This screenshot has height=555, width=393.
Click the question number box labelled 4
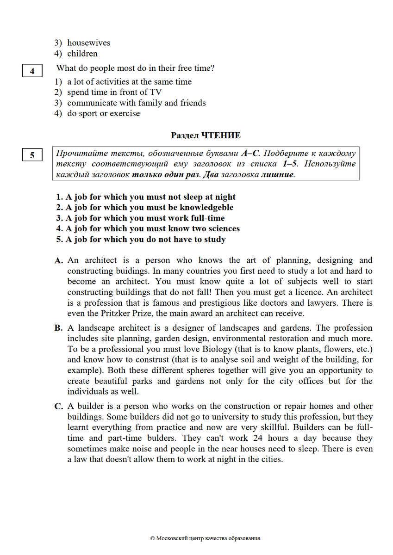pyautogui.click(x=32, y=71)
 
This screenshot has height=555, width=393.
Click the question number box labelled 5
pyautogui.click(x=32, y=155)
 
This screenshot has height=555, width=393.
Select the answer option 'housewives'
pyautogui.click(x=88, y=43)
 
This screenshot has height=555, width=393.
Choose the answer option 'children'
pyautogui.click(x=82, y=53)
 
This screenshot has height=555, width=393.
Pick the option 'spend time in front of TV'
pyautogui.click(x=114, y=92)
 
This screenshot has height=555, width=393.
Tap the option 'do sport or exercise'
pyautogui.click(x=103, y=113)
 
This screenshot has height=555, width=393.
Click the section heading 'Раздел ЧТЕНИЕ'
pyautogui.click(x=206, y=136)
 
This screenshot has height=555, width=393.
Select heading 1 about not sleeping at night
pyautogui.click(x=146, y=197)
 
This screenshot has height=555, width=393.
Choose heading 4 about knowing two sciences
pyautogui.click(x=148, y=229)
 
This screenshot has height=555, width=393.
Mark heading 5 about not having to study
pyautogui.click(x=141, y=240)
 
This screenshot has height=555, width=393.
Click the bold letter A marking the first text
pyautogui.click(x=58, y=261)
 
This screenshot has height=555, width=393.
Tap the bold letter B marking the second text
pyautogui.click(x=58, y=328)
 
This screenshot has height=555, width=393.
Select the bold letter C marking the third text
pyautogui.click(x=58, y=407)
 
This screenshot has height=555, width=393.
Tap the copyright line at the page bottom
pyautogui.click(x=206, y=538)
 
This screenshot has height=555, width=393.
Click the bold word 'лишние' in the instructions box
pyautogui.click(x=277, y=175)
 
